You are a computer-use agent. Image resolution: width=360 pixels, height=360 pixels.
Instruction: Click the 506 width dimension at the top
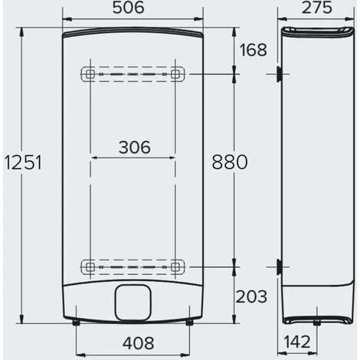point(132,8)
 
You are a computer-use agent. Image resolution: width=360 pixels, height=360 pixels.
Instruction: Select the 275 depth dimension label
point(316,8)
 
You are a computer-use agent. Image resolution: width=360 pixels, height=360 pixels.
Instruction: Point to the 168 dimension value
point(253,51)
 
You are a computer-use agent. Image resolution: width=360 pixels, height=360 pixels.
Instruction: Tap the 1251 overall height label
point(22,162)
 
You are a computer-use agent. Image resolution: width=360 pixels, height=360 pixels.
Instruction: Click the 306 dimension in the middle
point(134,148)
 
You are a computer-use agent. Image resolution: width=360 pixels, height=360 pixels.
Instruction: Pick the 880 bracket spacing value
point(230,162)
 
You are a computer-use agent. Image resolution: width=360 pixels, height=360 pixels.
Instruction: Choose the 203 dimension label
point(252,296)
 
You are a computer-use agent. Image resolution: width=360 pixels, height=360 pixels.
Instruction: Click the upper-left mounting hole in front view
point(89,74)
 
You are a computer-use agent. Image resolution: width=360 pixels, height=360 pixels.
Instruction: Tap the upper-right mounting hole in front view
point(177,74)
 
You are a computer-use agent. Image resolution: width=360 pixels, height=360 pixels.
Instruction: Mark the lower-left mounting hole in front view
point(89,267)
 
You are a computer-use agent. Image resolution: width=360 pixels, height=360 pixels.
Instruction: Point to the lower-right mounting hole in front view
point(177,267)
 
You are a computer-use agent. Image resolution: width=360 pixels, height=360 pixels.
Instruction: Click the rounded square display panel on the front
point(133,302)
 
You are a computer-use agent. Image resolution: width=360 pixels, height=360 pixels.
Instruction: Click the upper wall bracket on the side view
point(278,74)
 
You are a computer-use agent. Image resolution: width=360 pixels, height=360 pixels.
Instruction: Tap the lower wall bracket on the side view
point(278,267)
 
